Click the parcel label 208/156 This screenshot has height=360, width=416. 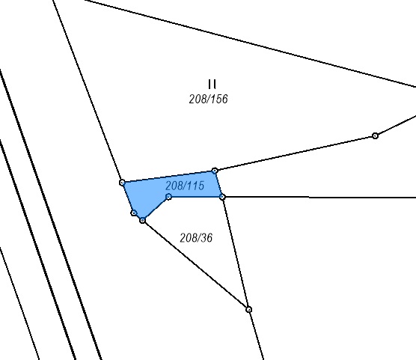(x=208, y=99)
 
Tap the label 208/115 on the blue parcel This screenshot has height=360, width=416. (x=185, y=186)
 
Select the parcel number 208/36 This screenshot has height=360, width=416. (x=196, y=237)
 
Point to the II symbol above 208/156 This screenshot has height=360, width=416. (x=212, y=84)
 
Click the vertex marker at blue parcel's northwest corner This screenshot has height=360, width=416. (x=122, y=183)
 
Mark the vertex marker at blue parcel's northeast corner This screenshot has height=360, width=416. (x=215, y=171)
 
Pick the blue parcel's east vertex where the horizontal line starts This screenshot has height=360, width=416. (x=223, y=197)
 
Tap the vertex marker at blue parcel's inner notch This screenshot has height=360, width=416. (x=168, y=197)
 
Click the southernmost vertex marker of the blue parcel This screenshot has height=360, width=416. (x=142, y=220)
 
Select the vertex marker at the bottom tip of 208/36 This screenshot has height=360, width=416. (x=248, y=310)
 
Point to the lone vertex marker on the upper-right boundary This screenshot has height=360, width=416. (x=375, y=135)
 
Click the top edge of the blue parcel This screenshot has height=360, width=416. (x=168, y=177)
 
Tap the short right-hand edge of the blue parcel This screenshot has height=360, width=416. (x=219, y=183)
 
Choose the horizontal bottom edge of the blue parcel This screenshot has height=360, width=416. (x=195, y=197)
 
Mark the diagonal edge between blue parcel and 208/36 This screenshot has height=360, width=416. (x=156, y=209)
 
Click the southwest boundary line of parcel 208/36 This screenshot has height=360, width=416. (x=195, y=265)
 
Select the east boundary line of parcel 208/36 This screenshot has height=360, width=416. (x=236, y=253)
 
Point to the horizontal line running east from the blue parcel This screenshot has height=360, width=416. (x=319, y=198)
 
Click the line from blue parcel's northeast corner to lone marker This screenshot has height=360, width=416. (x=295, y=153)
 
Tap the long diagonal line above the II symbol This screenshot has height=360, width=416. (x=250, y=43)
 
